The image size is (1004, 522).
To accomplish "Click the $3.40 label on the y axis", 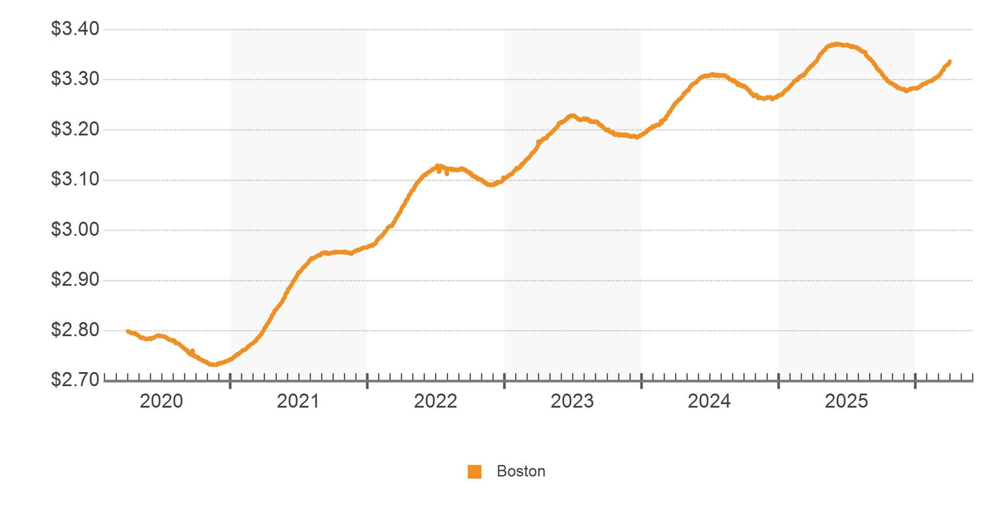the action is coord(75,29).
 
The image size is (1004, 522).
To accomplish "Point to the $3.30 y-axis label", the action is coord(75,79).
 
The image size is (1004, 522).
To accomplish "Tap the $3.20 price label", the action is coord(75,129).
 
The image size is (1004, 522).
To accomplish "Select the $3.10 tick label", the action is coord(75,179).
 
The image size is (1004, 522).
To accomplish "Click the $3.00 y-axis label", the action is coord(75,230).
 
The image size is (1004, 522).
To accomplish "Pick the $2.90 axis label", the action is coord(75,280).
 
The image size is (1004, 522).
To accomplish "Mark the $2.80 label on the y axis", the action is coord(75,330).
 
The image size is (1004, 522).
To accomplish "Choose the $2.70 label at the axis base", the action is coord(75,380).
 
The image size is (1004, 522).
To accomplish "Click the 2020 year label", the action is coord(161,401).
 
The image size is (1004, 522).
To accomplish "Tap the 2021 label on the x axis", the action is coord(298,401).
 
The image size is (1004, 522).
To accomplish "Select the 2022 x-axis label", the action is coord(435,401).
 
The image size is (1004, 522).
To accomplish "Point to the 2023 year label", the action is coord(572,401).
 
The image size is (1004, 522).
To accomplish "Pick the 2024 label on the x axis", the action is coord(709,401).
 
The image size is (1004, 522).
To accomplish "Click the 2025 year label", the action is coord(846,401).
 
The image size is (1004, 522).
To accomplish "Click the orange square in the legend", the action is coord(474,472).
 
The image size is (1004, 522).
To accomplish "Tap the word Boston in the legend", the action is coord(521,471).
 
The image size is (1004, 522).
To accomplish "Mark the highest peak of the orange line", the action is coord(837,44).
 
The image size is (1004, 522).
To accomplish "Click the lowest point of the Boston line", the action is coord(213,364).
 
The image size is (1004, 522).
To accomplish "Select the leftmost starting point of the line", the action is coord(127,331).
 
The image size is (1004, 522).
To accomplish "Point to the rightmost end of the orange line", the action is coord(949,62).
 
